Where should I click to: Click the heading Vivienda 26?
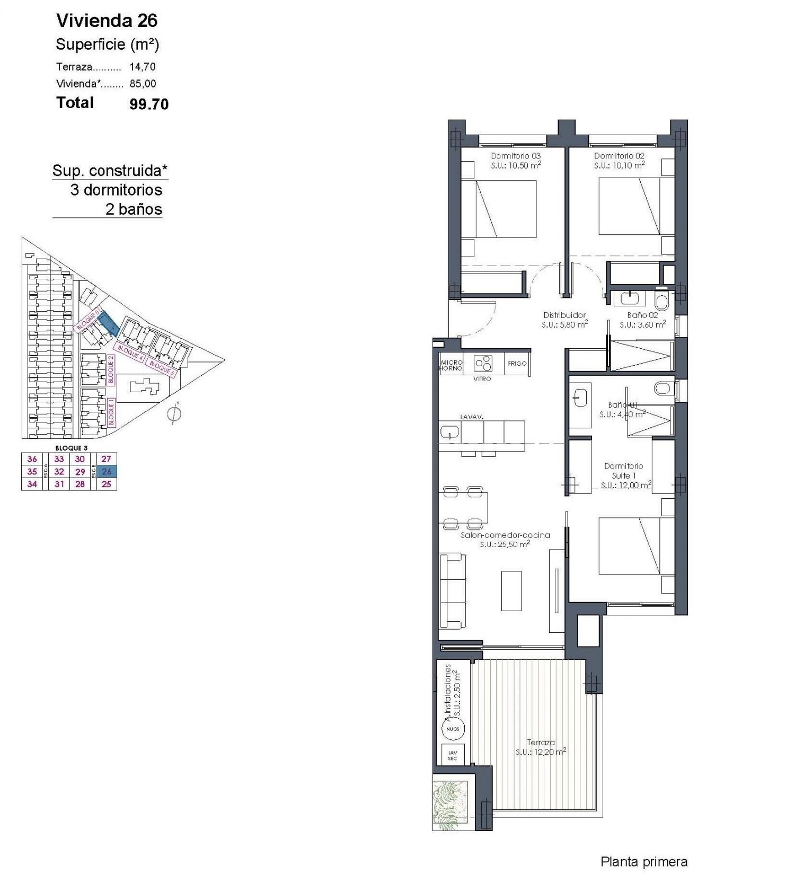107,21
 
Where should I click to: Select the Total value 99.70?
149,104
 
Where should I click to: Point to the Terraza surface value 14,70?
143,67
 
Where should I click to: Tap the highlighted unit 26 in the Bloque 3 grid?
107,471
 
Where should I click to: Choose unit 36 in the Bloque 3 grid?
32,459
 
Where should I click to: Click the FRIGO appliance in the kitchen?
517,364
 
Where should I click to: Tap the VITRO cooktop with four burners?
483,363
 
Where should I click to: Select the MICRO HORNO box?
451,365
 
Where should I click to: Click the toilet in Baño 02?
661,302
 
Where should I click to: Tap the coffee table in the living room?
511,590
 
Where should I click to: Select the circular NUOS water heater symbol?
453,729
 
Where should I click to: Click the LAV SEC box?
452,755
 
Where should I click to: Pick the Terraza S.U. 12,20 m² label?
541,747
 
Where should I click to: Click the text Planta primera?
643,862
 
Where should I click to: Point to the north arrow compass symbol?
174,414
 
